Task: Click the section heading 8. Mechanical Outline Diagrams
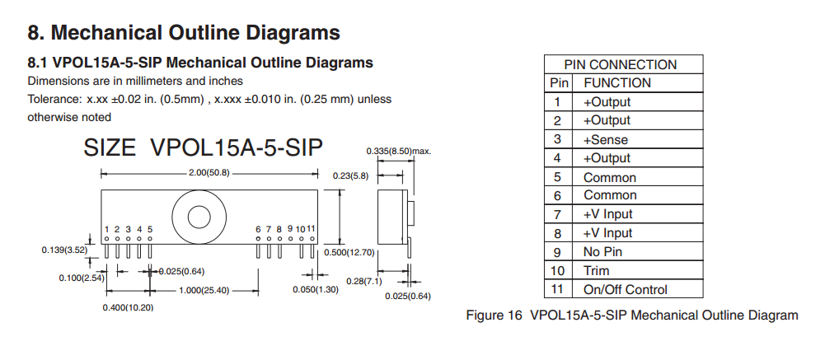(x=184, y=33)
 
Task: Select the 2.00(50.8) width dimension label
(x=209, y=173)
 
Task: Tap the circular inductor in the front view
(x=199, y=216)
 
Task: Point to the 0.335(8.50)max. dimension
(x=398, y=152)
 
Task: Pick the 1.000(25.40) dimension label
(x=204, y=290)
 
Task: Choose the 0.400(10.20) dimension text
(x=128, y=307)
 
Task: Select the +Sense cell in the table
(x=606, y=139)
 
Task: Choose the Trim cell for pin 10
(x=597, y=270)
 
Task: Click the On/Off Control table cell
(x=626, y=289)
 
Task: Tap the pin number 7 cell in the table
(x=558, y=214)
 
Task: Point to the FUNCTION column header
(x=616, y=82)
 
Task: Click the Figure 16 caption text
(x=631, y=315)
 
